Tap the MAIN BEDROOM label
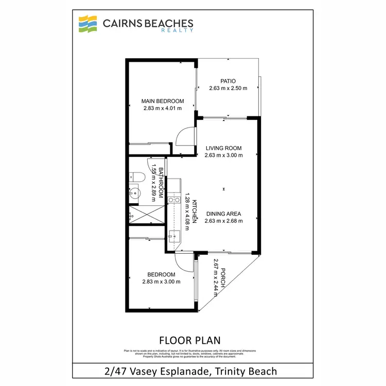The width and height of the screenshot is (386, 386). point(162,101)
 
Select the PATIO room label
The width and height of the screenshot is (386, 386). point(227,81)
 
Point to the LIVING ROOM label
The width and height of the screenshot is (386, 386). point(223,148)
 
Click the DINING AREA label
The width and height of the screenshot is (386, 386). point(223,214)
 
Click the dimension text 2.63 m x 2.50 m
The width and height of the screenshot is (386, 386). point(228,89)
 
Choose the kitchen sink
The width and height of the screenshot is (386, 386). point(173,237)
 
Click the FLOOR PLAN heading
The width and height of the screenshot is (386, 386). point(190,340)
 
